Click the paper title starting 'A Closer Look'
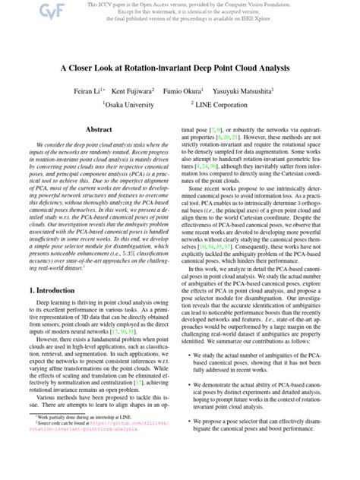[x=180, y=68]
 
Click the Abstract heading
[x=99, y=130]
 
